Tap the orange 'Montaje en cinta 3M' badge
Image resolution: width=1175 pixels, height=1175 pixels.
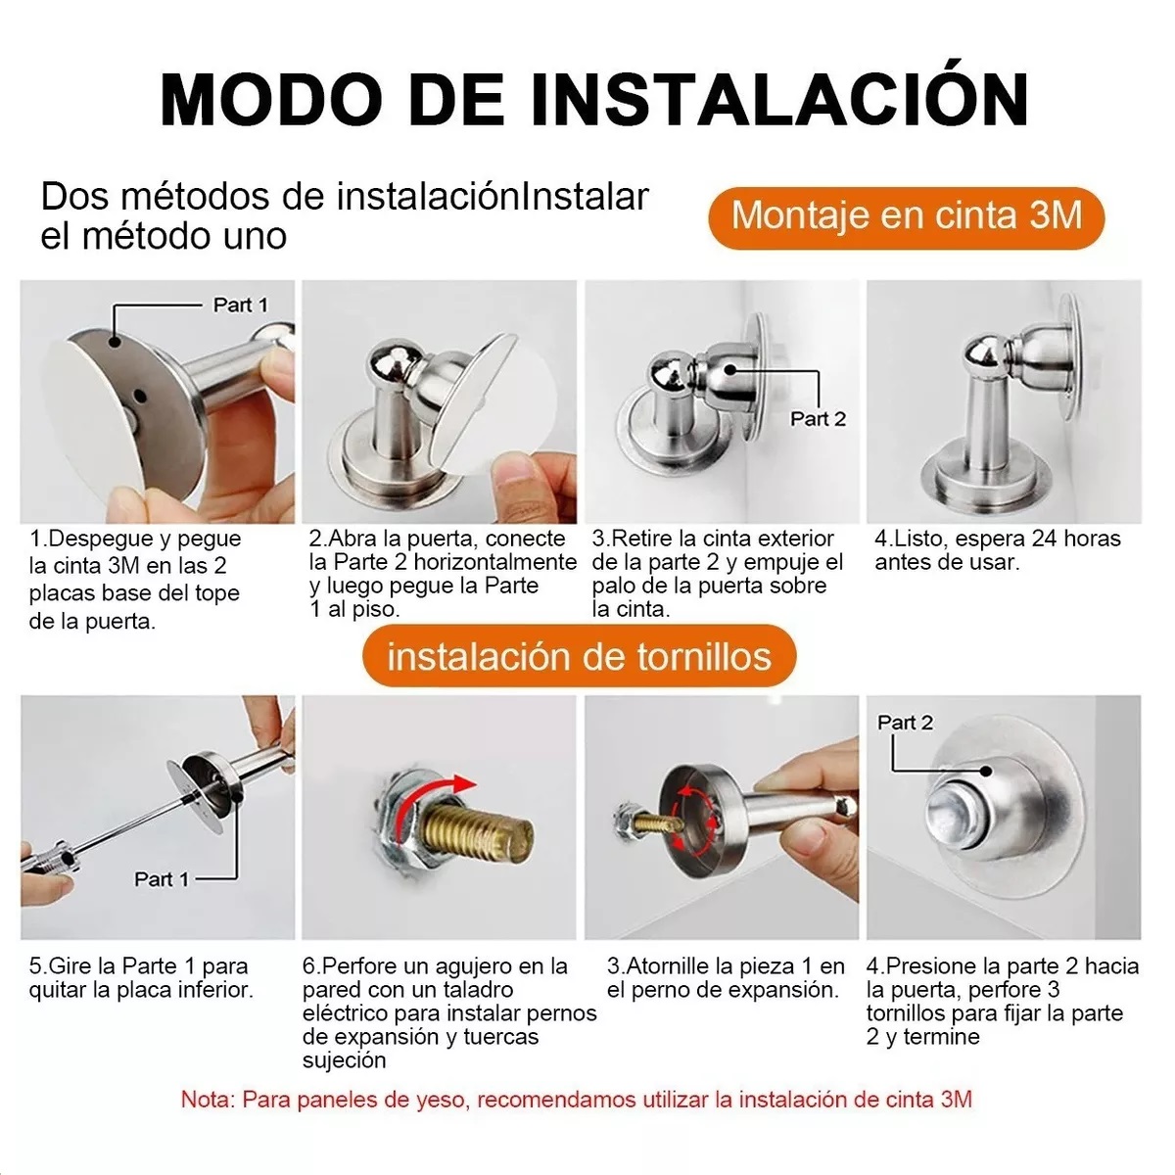[907, 215]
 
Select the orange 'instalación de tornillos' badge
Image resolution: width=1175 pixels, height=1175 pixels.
[579, 656]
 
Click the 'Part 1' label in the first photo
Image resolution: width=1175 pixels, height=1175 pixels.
[240, 305]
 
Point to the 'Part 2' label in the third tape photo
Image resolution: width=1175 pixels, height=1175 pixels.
[818, 419]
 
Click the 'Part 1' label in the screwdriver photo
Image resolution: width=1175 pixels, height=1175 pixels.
[161, 879]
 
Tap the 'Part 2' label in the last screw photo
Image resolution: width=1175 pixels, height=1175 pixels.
[905, 723]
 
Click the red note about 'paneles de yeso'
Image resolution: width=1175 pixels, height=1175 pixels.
[576, 1099]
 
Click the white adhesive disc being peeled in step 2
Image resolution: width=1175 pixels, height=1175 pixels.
[490, 392]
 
